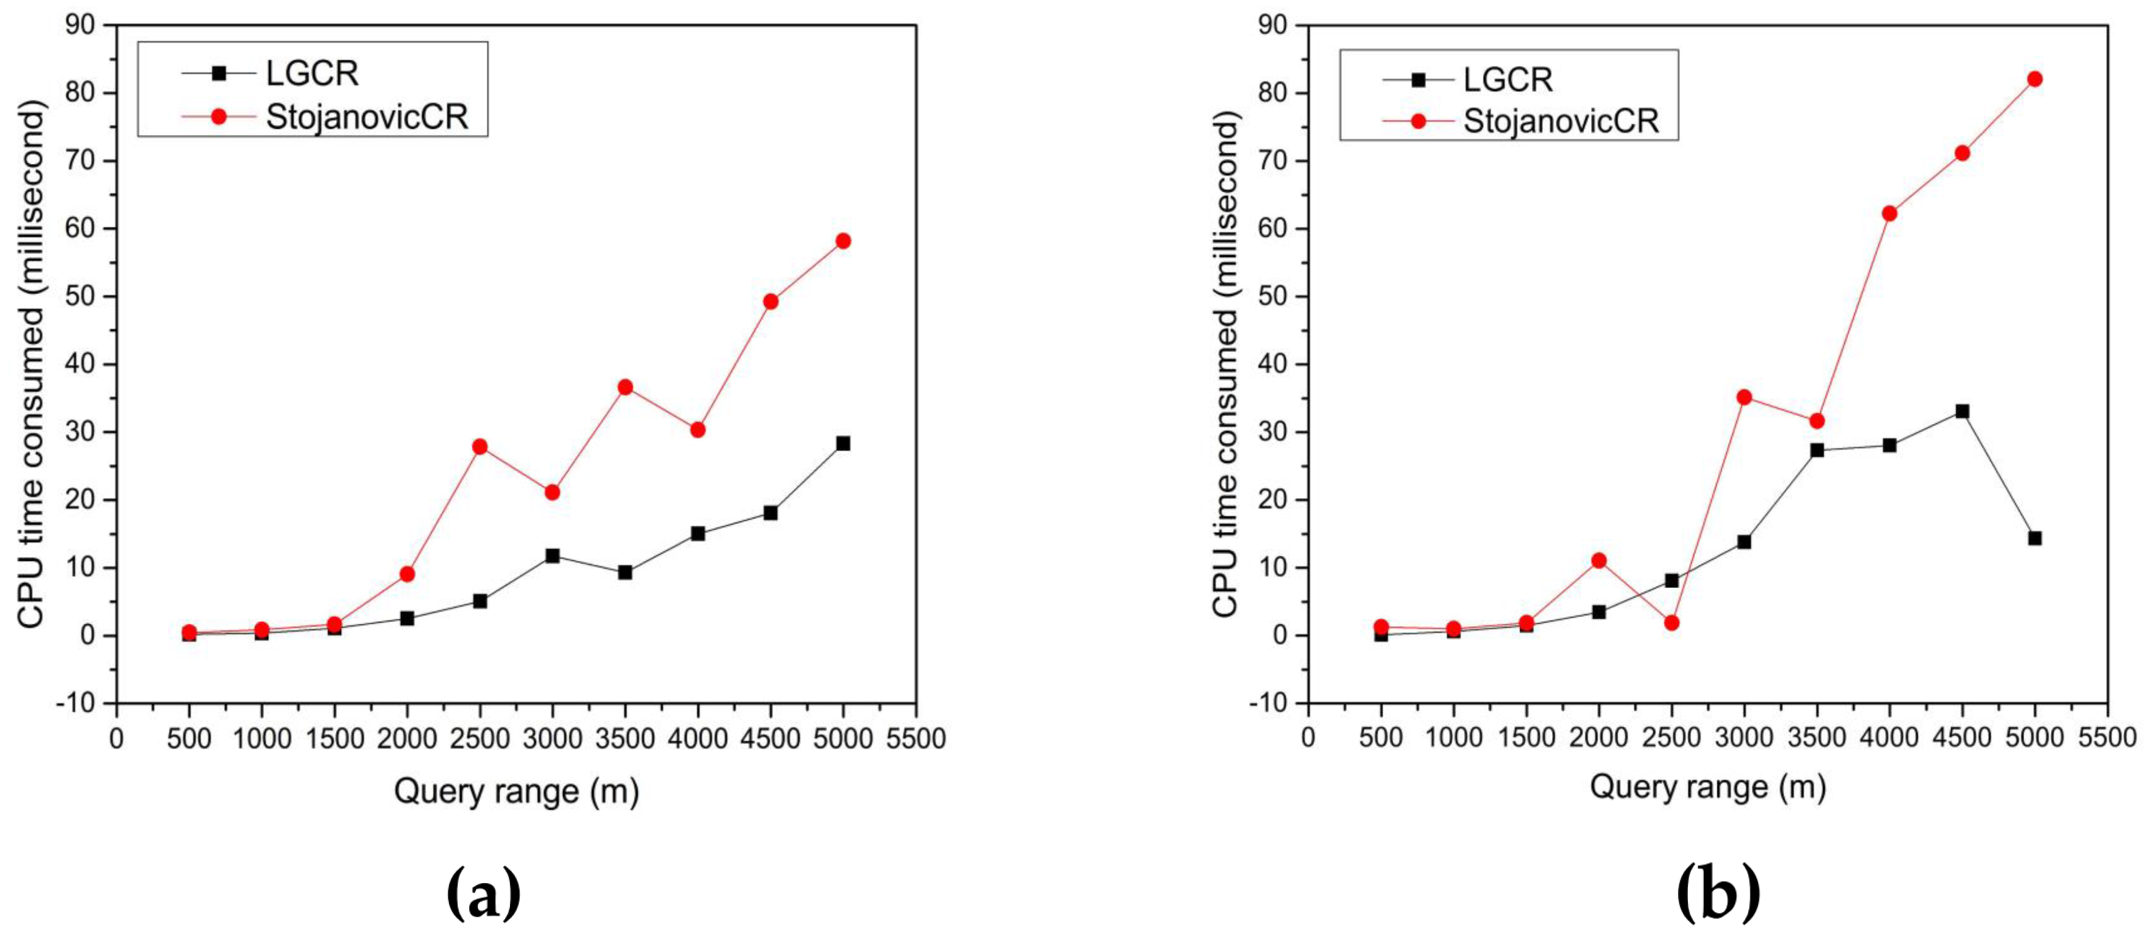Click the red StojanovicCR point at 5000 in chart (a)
pyautogui.click(x=842, y=240)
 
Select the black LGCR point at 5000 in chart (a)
pyautogui.click(x=842, y=443)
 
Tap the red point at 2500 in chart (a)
pyautogui.click(x=479, y=447)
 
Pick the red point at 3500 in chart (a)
pyautogui.click(x=625, y=386)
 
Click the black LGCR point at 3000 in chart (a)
pyautogui.click(x=552, y=555)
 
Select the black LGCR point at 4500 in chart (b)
pyautogui.click(x=1962, y=412)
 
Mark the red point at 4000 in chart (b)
pyautogui.click(x=1890, y=214)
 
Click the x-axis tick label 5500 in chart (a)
pyautogui.click(x=915, y=739)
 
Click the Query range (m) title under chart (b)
pyautogui.click(x=1708, y=787)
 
